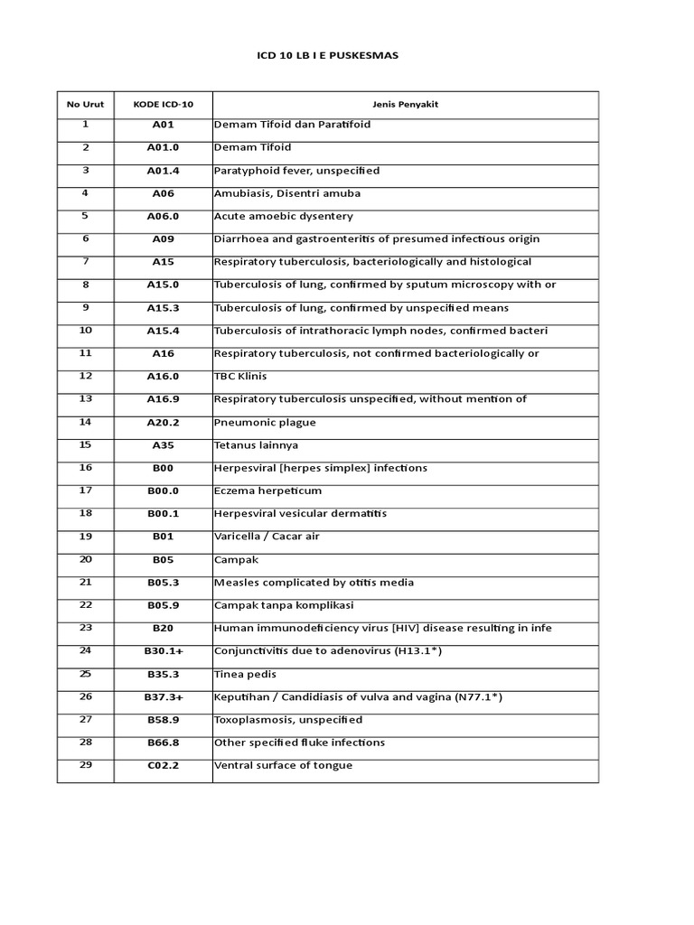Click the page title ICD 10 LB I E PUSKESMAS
(328, 56)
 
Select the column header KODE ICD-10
(163, 104)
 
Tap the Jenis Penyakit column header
(405, 104)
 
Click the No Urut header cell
(85, 104)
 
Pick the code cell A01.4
(163, 171)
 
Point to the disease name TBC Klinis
(239, 377)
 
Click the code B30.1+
(163, 651)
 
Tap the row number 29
(85, 765)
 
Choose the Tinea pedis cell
(245, 675)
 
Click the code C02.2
(163, 766)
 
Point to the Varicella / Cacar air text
(267, 537)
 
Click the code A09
(163, 239)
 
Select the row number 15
(85, 444)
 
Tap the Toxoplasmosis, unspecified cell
(288, 720)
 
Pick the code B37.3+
(163, 697)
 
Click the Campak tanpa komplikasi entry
(283, 605)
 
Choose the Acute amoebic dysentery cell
(283, 217)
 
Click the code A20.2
(163, 423)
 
